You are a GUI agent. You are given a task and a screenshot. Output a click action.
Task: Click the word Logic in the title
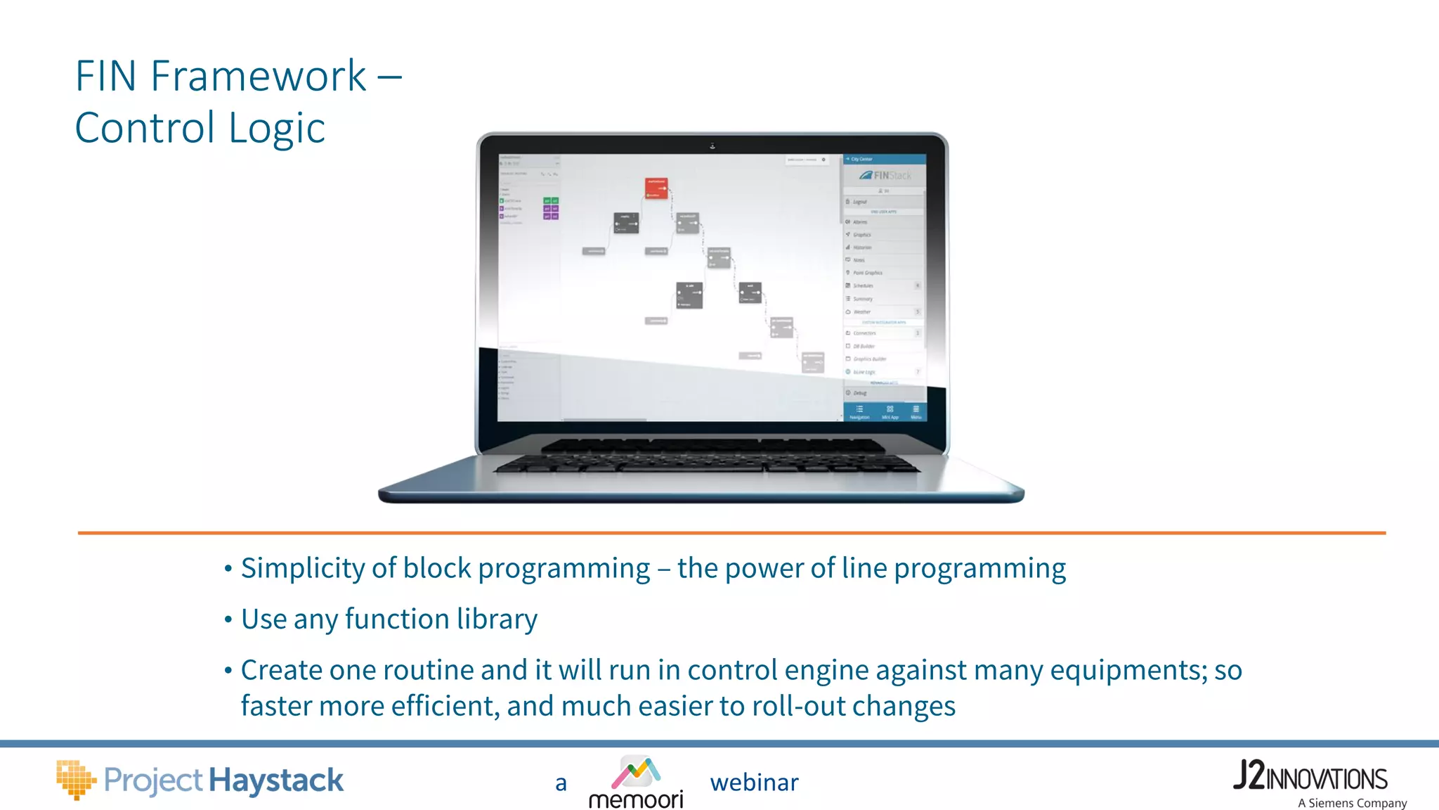[x=277, y=129]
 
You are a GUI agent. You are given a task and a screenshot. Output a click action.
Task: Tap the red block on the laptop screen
[x=656, y=188]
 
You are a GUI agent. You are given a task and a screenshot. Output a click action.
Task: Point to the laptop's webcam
[x=712, y=146]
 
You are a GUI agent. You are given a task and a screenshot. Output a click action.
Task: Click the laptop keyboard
[x=706, y=457]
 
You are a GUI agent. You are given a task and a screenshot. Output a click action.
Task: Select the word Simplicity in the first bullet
[x=303, y=568]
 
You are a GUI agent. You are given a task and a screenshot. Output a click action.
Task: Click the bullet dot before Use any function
[x=228, y=620]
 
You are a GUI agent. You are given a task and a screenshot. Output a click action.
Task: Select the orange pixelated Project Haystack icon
[x=75, y=780]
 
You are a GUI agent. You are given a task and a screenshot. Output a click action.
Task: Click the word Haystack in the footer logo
[x=276, y=780]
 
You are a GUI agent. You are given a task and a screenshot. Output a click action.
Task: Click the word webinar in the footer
[x=754, y=783]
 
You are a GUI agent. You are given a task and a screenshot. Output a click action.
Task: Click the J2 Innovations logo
[x=1310, y=776]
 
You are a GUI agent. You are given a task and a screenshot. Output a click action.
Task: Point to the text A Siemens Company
[x=1352, y=803]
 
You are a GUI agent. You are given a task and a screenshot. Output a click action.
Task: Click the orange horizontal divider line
[x=731, y=533]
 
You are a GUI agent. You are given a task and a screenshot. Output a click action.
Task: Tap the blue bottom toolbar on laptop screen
[x=885, y=412]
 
